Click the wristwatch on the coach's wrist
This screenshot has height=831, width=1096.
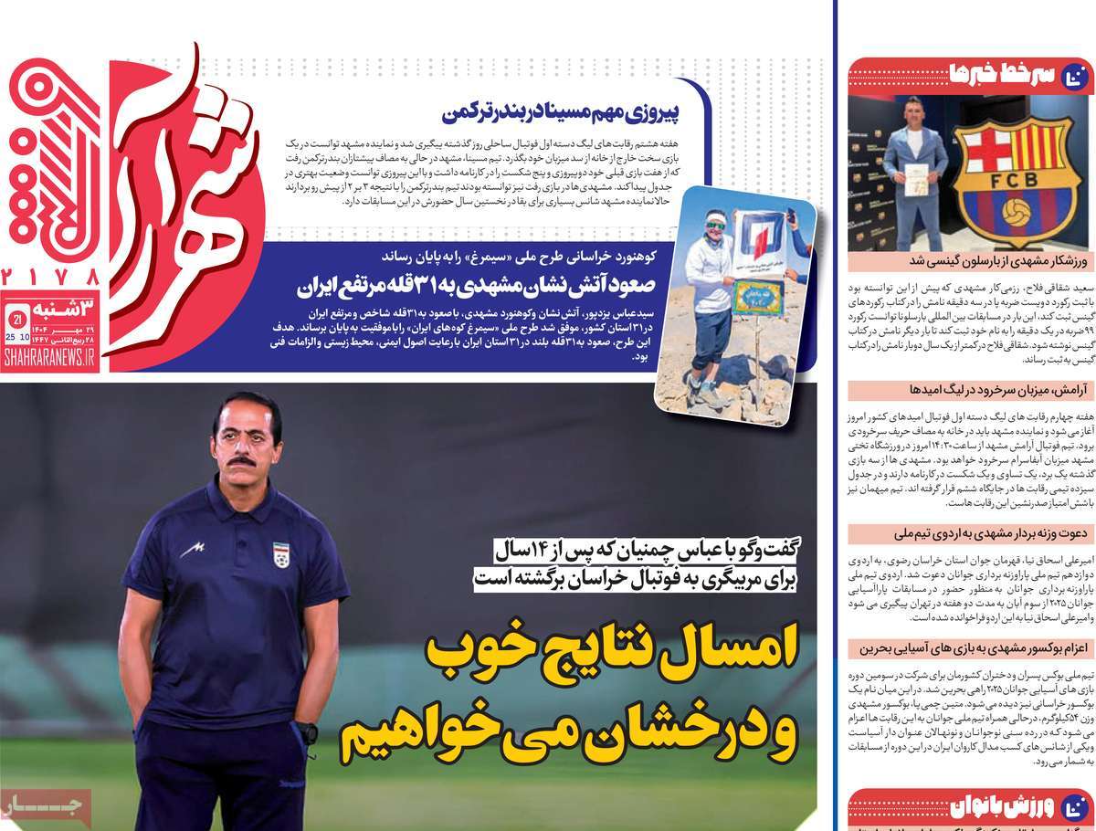[x=307, y=732]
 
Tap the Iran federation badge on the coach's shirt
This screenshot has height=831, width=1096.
[x=281, y=554]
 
